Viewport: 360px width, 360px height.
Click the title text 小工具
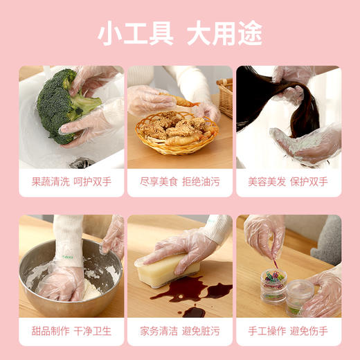pos(134,33)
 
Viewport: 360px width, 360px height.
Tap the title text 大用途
pos(224,33)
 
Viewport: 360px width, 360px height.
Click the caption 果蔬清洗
pos(50,182)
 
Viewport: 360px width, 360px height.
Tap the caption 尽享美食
pos(159,182)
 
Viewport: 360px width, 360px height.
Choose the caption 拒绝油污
pos(201,182)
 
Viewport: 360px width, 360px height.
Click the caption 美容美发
pos(267,182)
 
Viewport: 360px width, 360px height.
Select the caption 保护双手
pos(309,182)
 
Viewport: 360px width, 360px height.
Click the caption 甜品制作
pos(50,331)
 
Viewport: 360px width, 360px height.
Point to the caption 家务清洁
pos(159,331)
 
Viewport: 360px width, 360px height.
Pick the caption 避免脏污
pos(201,331)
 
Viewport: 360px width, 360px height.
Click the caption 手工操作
pos(267,331)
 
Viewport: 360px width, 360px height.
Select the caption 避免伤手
pos(309,331)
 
